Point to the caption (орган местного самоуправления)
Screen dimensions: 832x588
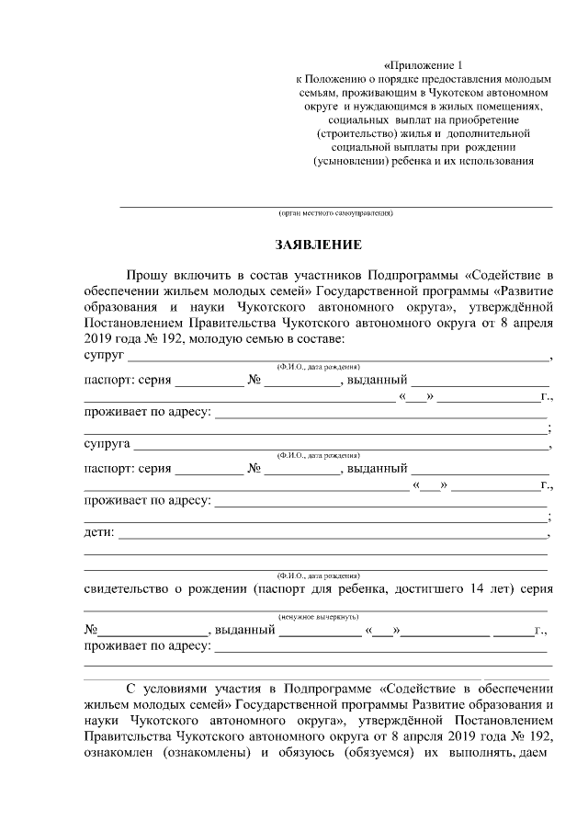coord(336,213)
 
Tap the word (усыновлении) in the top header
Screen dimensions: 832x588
coord(349,161)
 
